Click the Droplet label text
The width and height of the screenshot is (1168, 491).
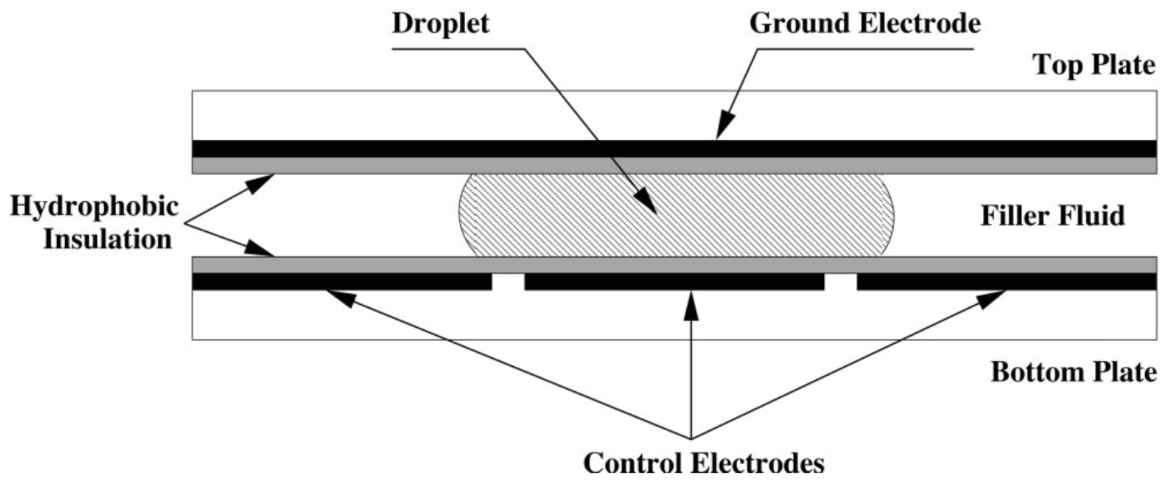pyautogui.click(x=441, y=24)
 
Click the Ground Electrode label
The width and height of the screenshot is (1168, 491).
pyautogui.click(x=865, y=24)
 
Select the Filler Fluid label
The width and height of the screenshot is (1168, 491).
pyautogui.click(x=1053, y=216)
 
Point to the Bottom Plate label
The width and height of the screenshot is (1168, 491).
pyautogui.click(x=1073, y=373)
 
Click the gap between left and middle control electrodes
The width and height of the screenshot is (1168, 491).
pyautogui.click(x=508, y=282)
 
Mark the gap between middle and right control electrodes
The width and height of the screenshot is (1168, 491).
pyautogui.click(x=841, y=282)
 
